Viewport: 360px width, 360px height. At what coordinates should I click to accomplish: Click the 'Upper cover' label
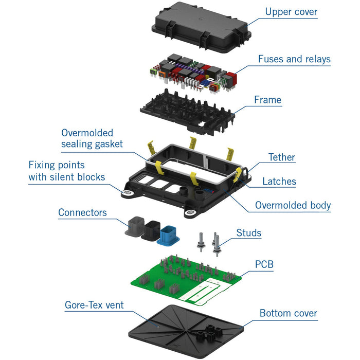click(291, 11)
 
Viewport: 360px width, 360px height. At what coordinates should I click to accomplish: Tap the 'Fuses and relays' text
click(294, 59)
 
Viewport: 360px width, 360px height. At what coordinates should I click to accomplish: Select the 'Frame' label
click(268, 99)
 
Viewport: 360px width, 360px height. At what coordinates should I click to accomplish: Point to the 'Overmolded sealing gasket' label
click(92, 138)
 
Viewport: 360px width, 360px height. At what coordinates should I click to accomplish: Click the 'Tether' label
click(282, 157)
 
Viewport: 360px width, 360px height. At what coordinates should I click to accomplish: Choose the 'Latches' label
click(279, 181)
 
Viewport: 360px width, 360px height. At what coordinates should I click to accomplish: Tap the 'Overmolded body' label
click(293, 205)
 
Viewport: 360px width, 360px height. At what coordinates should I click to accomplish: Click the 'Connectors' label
click(82, 212)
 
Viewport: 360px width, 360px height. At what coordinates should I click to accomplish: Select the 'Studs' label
click(249, 233)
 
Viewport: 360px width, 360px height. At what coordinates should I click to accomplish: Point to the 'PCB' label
click(264, 264)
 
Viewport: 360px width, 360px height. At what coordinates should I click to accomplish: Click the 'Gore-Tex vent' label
click(94, 305)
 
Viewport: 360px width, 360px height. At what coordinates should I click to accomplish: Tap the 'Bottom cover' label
click(289, 313)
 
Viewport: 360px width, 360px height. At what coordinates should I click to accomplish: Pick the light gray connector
click(135, 226)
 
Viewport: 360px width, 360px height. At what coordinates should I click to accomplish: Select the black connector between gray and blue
click(153, 231)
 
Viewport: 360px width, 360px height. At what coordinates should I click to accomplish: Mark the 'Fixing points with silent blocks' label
click(66, 171)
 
